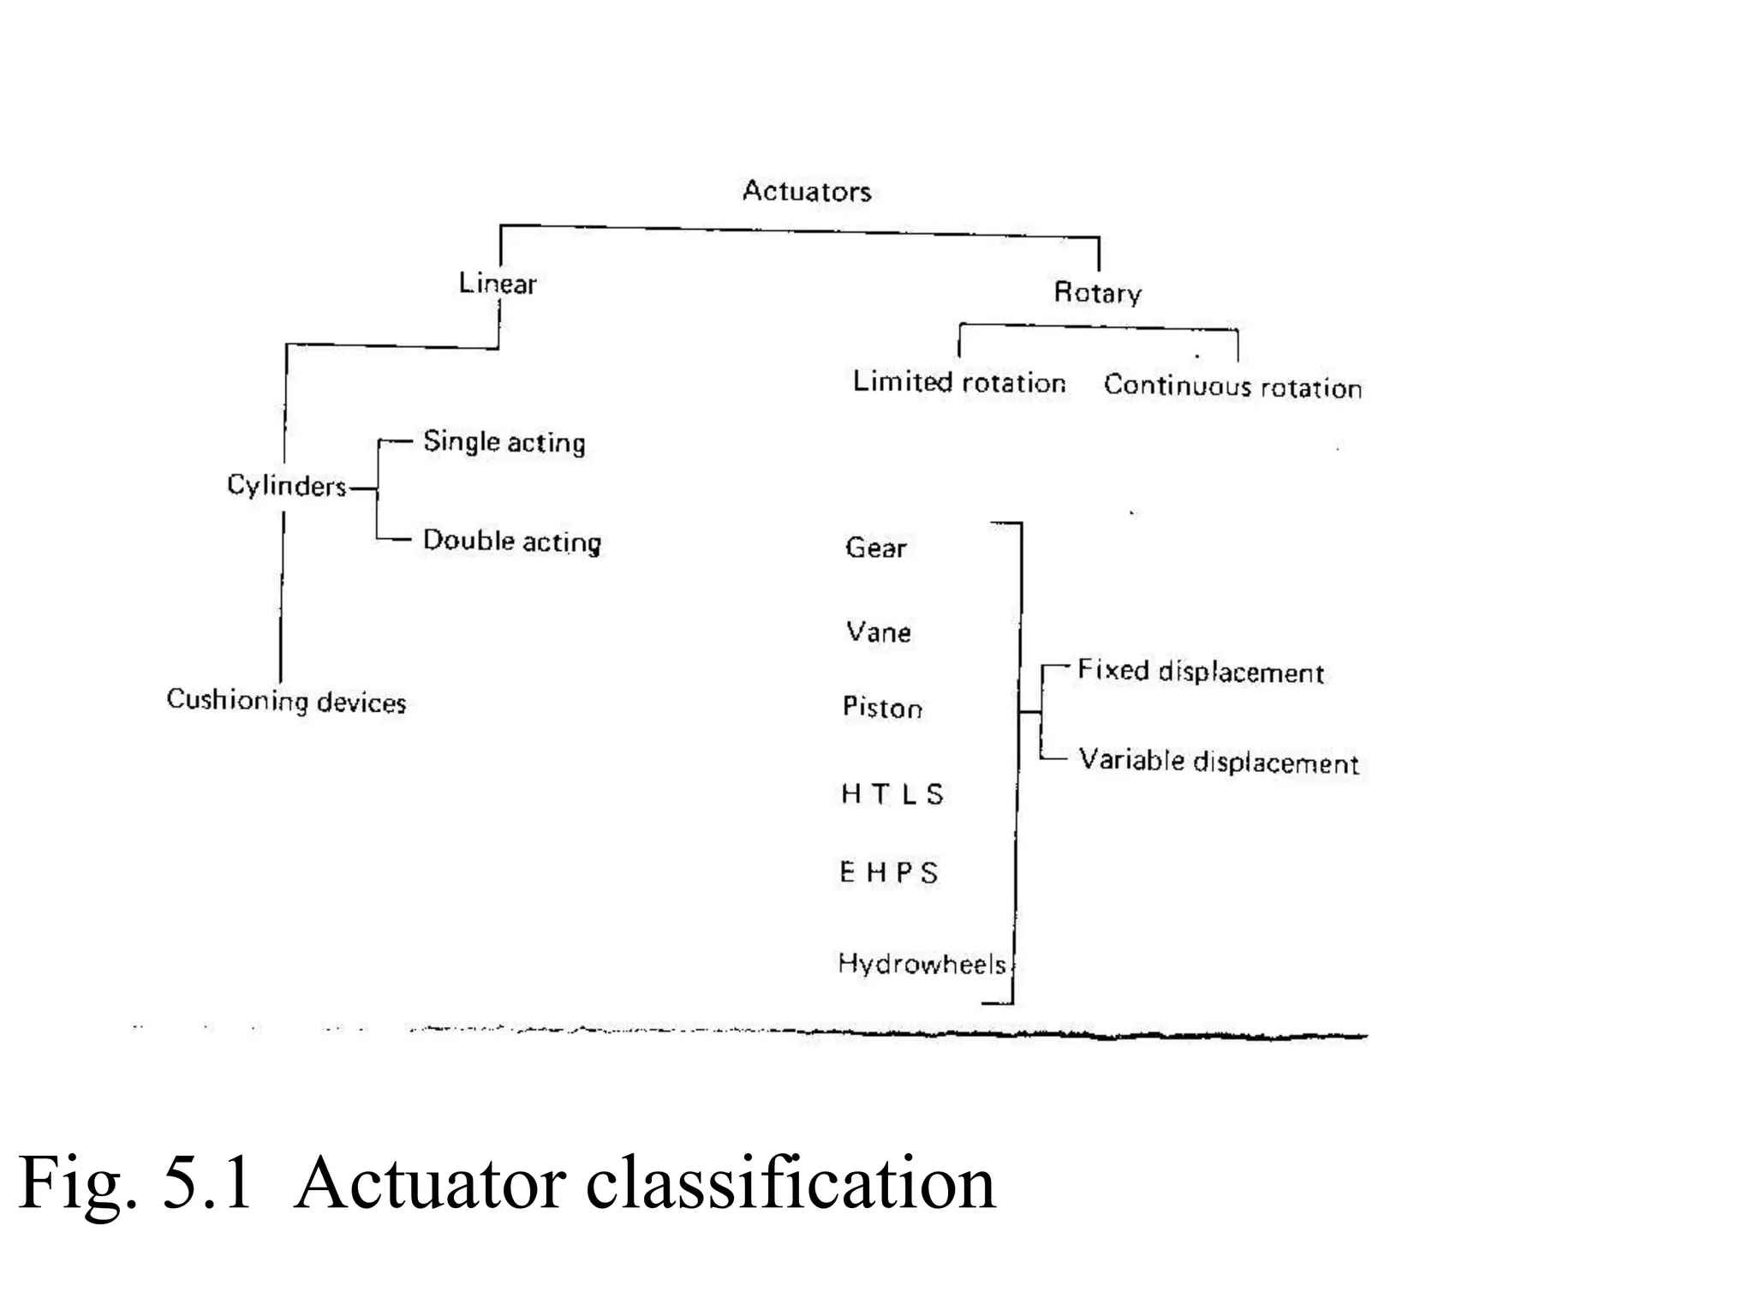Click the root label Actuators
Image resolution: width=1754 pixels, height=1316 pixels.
click(x=806, y=191)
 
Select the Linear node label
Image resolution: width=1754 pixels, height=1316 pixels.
click(x=497, y=284)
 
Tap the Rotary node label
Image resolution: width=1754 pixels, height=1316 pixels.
click(x=1097, y=293)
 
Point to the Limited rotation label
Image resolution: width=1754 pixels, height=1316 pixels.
click(x=958, y=382)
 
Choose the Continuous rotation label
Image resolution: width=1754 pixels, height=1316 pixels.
click(x=1232, y=386)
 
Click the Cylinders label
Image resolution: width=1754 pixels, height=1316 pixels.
click(x=286, y=486)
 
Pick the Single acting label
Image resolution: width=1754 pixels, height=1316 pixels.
click(x=504, y=442)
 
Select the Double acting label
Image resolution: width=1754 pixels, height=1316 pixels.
click(x=512, y=541)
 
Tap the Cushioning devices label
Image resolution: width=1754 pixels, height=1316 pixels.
click(x=286, y=701)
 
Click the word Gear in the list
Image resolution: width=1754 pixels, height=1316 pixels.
click(x=875, y=547)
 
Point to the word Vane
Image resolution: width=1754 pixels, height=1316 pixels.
click(x=878, y=632)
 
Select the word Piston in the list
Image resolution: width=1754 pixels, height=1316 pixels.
click(x=882, y=708)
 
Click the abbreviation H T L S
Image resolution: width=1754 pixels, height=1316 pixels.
click(x=892, y=794)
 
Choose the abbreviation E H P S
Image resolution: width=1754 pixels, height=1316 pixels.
click(x=888, y=873)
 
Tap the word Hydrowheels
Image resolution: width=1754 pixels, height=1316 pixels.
click(x=922, y=965)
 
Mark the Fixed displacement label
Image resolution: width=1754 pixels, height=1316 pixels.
click(x=1200, y=672)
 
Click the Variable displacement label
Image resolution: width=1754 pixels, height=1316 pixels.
click(x=1218, y=762)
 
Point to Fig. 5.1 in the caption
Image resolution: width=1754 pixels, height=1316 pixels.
click(x=135, y=1183)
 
